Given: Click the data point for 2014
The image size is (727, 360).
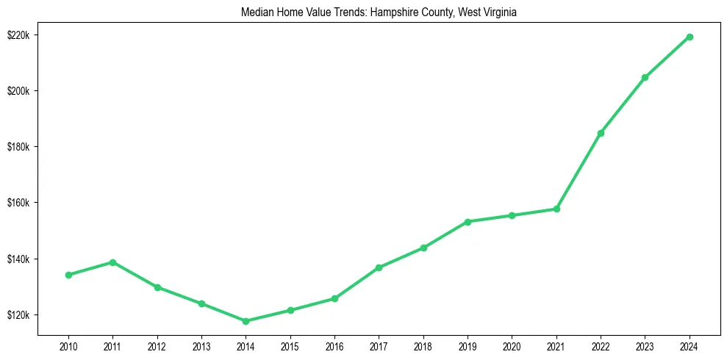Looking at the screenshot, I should pyautogui.click(x=246, y=321).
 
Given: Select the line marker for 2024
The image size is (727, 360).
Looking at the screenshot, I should pyautogui.click(x=690, y=37).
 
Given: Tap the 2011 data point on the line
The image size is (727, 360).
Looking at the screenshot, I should pyautogui.click(x=112, y=262).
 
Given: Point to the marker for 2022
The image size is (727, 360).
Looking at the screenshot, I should pyautogui.click(x=601, y=133).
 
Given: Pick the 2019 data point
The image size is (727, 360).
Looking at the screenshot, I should pyautogui.click(x=468, y=221).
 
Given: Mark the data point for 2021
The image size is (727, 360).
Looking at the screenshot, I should pyautogui.click(x=556, y=209).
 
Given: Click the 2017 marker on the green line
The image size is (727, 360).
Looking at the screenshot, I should pyautogui.click(x=379, y=267).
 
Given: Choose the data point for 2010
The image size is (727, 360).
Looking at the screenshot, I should pyautogui.click(x=68, y=275).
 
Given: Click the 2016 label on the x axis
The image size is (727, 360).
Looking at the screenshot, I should pyautogui.click(x=334, y=345).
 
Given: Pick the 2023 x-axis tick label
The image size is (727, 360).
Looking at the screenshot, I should pyautogui.click(x=645, y=345).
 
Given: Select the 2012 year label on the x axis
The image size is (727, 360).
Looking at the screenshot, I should pyautogui.click(x=157, y=345).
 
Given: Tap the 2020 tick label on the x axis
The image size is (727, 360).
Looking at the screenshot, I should pyautogui.click(x=512, y=345).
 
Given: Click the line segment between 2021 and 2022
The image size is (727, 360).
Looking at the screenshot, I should pyautogui.click(x=579, y=170).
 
